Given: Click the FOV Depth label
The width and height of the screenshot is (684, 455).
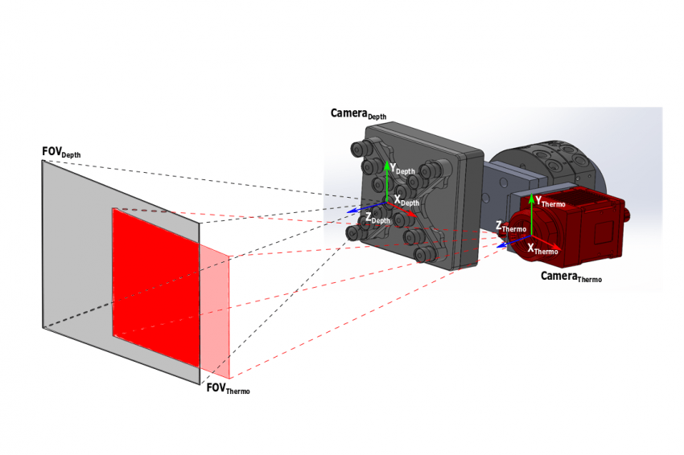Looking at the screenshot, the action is [x=61, y=152].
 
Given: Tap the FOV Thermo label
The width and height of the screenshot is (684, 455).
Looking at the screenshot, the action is [x=229, y=388].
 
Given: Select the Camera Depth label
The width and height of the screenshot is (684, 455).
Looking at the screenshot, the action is [x=359, y=114].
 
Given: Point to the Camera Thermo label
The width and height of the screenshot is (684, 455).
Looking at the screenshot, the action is [x=571, y=277].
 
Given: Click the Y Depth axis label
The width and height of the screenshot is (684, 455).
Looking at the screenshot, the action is [x=402, y=169].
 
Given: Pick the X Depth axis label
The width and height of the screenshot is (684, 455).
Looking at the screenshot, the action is [x=406, y=201].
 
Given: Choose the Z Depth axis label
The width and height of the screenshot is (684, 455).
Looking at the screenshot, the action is [x=377, y=219].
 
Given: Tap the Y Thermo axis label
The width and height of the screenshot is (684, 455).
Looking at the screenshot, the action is [x=550, y=202].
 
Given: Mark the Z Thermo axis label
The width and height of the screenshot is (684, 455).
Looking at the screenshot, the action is [x=511, y=227].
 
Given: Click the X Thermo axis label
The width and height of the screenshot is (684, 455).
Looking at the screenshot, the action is [x=542, y=249].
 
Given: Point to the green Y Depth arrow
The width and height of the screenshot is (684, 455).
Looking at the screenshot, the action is [x=387, y=182].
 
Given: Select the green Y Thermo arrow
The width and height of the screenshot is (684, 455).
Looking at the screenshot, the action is [x=531, y=215].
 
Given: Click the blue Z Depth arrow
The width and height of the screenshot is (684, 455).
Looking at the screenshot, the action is [x=366, y=207].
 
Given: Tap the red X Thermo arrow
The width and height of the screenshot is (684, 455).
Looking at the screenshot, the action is [x=546, y=243].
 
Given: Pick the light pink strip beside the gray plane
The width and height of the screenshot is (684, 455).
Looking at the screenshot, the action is [x=215, y=311].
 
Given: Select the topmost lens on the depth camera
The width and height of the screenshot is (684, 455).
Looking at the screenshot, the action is [x=360, y=149].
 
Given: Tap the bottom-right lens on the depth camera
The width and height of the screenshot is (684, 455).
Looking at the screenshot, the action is [x=422, y=254].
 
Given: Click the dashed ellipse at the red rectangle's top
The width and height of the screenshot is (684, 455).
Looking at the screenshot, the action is [x=144, y=211].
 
